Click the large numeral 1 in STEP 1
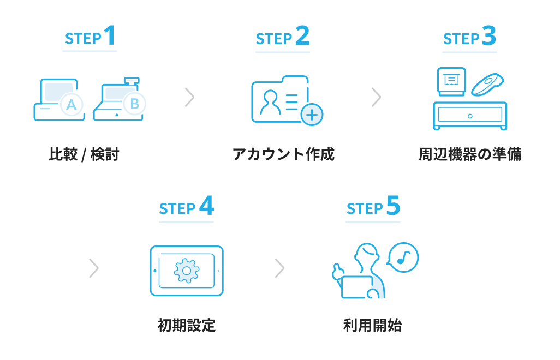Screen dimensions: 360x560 tap(109, 36)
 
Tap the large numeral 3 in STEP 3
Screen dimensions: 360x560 tap(489, 36)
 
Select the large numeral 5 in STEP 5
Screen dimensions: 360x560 tap(393, 206)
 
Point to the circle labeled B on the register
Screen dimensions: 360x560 tap(134, 103)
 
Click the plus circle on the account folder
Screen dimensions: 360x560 tap(312, 115)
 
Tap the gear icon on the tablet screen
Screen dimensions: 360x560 tap(187, 271)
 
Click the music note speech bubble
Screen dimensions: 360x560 tap(403, 257)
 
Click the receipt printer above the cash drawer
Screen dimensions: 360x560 tap(451, 81)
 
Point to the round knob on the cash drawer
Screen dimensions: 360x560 tap(470, 116)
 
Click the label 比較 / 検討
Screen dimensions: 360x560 tap(84, 155)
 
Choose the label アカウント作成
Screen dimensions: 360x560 tap(283, 155)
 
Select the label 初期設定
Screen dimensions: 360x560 tap(187, 326)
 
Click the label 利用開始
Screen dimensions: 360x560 tap(373, 326)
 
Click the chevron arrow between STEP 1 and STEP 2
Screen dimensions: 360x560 tap(189, 97)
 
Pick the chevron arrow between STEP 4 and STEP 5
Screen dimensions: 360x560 tap(279, 268)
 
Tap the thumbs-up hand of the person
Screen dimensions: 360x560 tap(338, 271)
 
